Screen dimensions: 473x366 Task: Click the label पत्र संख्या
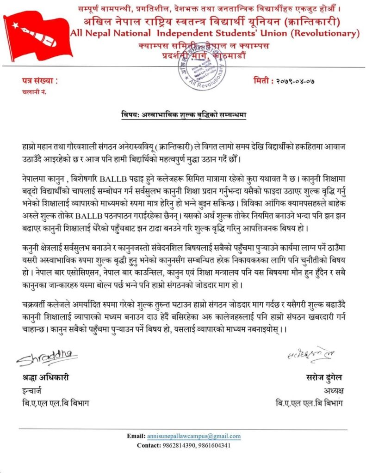coord(40,81)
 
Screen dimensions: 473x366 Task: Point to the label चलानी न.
coord(34,91)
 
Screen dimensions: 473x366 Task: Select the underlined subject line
coord(180,114)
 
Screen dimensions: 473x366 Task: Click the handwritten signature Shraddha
coord(47,357)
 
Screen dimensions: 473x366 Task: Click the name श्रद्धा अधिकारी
coord(45,377)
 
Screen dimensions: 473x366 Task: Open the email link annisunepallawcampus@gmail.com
coord(194,436)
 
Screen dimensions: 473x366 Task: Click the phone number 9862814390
coord(179,445)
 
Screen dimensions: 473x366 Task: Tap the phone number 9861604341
coord(213,445)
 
